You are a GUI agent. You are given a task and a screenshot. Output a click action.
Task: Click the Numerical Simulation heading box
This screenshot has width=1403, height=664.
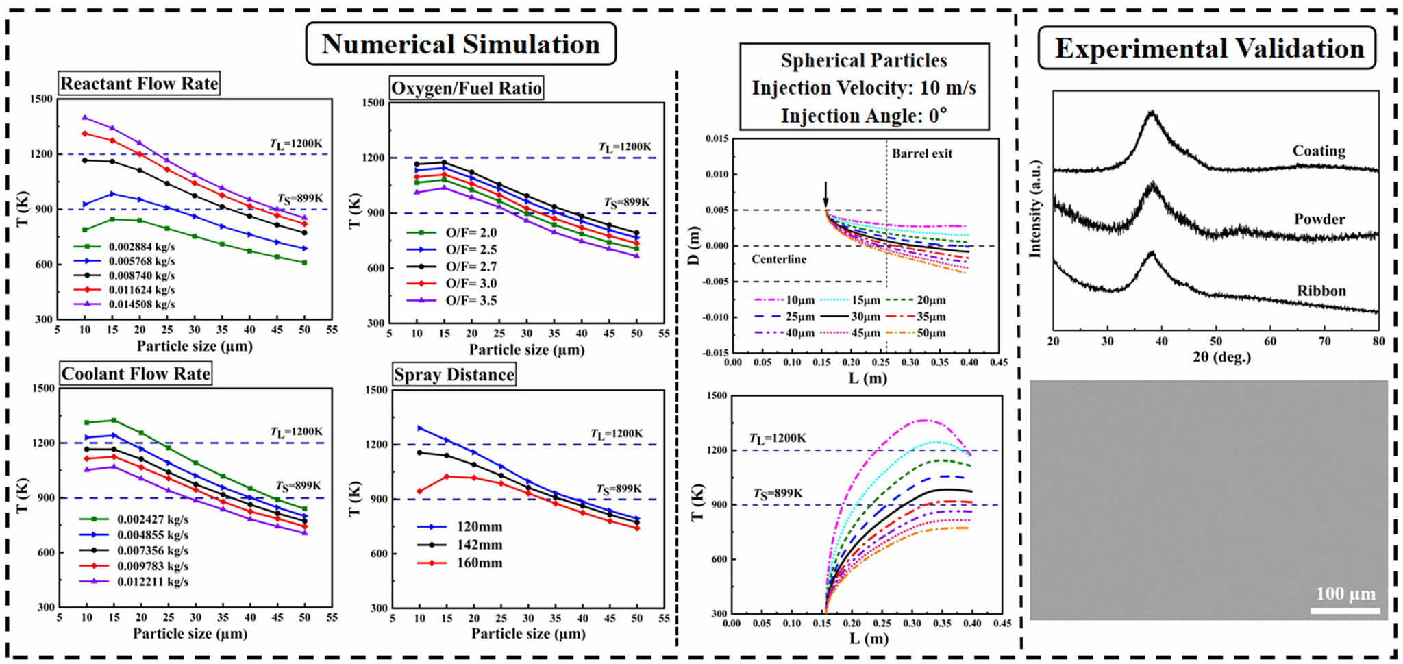(x=460, y=44)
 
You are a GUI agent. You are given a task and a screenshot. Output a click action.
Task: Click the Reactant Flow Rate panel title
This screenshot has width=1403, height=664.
(x=139, y=84)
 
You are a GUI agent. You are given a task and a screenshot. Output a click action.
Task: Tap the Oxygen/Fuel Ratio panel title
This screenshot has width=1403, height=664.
(x=466, y=88)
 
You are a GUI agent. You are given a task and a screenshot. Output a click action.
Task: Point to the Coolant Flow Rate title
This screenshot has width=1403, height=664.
(x=136, y=373)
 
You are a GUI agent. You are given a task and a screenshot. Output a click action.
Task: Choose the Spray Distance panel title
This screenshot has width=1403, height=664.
(x=454, y=374)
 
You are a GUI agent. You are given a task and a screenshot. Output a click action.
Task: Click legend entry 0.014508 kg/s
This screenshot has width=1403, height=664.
(x=141, y=304)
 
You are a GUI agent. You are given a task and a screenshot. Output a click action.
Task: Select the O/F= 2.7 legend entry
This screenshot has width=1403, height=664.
(x=471, y=267)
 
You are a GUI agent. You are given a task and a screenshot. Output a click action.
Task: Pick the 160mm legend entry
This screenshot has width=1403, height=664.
(x=479, y=563)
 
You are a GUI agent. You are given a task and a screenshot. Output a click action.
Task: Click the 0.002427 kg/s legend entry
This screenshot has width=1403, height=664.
(x=152, y=519)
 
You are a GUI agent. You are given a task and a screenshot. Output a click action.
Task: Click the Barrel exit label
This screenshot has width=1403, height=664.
(x=921, y=153)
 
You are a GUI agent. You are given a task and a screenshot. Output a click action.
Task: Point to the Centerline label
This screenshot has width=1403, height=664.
(x=779, y=259)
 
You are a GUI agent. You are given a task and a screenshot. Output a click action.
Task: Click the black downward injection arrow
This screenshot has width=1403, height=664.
(x=825, y=193)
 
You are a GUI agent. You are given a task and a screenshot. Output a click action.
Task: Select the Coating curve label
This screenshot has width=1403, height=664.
(x=1319, y=151)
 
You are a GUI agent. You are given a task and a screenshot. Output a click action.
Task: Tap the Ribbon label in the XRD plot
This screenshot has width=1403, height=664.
(x=1321, y=291)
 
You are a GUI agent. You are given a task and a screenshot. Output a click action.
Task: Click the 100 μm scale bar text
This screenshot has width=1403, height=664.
(x=1345, y=593)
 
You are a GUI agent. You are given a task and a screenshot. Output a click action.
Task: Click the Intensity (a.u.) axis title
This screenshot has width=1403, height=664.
(x=1035, y=209)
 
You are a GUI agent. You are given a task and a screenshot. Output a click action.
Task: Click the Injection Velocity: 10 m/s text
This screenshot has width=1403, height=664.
(x=864, y=88)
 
